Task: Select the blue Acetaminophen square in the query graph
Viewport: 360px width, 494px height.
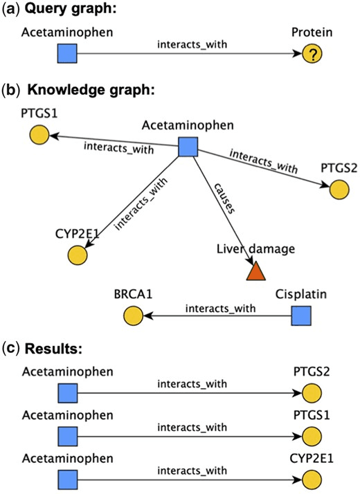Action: point(66,53)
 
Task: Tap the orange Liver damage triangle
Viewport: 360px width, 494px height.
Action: point(257,271)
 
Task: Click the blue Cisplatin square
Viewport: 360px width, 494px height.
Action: point(299,316)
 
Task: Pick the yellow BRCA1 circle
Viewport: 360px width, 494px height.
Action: point(133,316)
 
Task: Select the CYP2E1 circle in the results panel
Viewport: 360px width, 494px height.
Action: point(312,478)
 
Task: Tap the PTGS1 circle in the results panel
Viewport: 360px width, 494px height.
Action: point(312,436)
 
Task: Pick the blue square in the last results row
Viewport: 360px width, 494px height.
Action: point(66,478)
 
